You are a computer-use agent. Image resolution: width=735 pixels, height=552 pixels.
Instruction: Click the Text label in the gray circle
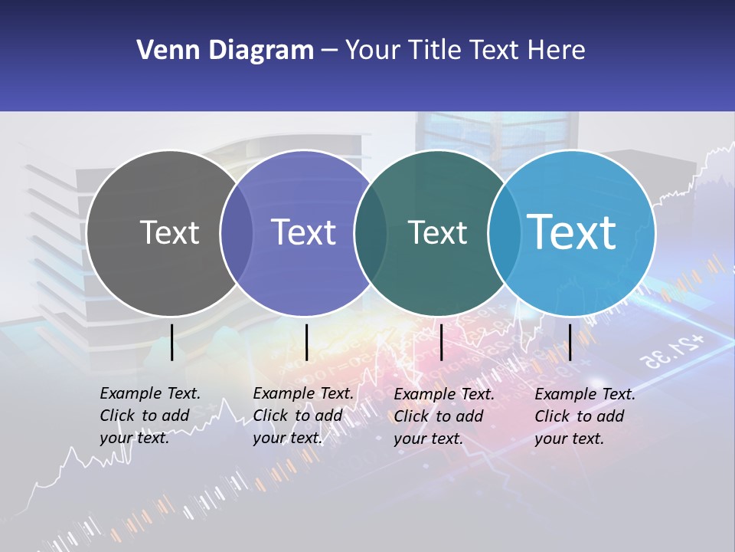pos(169,232)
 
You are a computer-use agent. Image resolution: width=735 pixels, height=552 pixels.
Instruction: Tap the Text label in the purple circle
pos(304,232)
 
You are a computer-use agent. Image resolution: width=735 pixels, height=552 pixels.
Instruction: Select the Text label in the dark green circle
pos(437,232)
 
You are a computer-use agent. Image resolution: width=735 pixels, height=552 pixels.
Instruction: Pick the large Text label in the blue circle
pos(572,232)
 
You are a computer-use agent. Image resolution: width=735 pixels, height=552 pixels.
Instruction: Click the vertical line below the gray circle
pos(171,342)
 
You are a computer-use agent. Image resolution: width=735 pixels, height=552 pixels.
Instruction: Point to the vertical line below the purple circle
pos(306,342)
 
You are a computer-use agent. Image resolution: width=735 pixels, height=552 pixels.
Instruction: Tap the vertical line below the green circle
pos(441,342)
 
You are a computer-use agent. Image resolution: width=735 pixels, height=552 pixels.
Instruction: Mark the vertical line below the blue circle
pos(570,342)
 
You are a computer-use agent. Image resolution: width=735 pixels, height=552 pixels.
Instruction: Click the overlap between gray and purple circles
pos(237,233)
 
